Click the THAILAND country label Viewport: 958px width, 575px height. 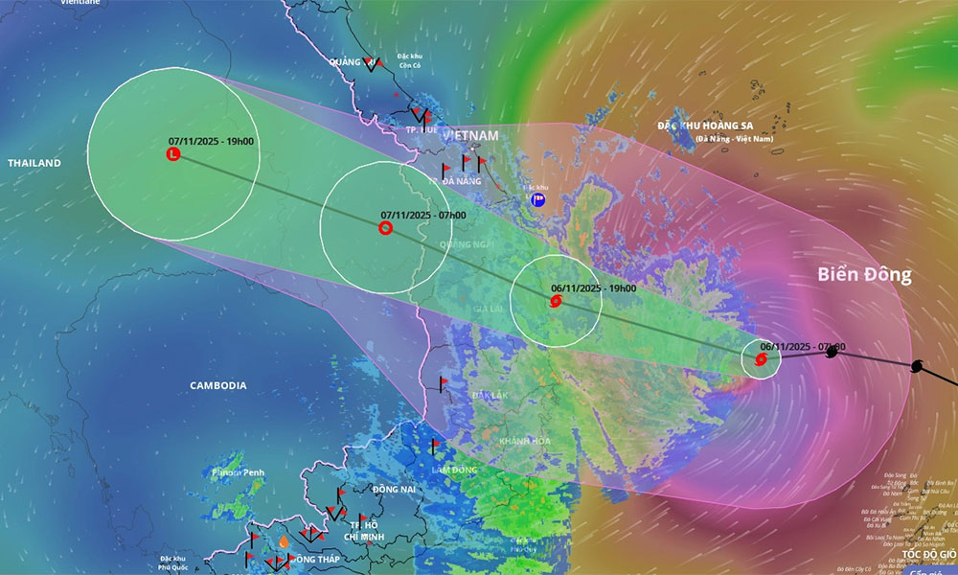[34, 163]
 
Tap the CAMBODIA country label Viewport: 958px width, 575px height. [218, 385]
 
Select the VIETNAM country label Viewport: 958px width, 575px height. [470, 136]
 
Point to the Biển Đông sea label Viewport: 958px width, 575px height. [864, 275]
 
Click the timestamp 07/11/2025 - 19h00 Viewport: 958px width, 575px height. [211, 142]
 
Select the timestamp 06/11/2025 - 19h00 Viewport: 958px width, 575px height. [594, 287]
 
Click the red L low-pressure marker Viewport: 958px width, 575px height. [173, 153]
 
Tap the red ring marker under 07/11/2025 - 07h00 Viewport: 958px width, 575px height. [385, 228]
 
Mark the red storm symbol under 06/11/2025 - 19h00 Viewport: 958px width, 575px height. [557, 303]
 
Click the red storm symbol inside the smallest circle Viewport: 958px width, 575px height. [761, 359]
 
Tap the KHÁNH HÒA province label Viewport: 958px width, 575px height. [523, 441]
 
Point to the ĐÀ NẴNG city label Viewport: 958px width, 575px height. [460, 179]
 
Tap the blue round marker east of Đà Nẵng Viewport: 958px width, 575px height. [539, 200]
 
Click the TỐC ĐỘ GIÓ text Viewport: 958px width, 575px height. [928, 554]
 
